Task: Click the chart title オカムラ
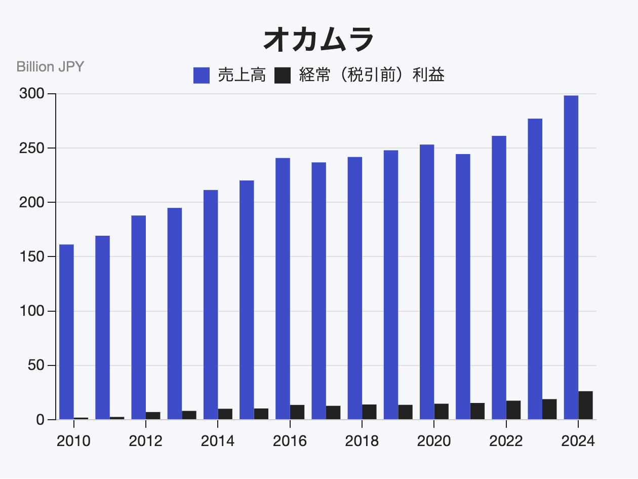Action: pyautogui.click(x=318, y=40)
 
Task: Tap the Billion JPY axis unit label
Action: pyautogui.click(x=50, y=67)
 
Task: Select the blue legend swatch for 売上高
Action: pyautogui.click(x=202, y=76)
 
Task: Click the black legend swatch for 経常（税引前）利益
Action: pyautogui.click(x=283, y=76)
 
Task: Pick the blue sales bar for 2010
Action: pyautogui.click(x=66, y=332)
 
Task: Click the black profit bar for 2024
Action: pyautogui.click(x=586, y=406)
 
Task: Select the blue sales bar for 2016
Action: pyautogui.click(x=283, y=289)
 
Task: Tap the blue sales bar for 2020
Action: pyautogui.click(x=427, y=282)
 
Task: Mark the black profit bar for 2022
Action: pyautogui.click(x=513, y=410)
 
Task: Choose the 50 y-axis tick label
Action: pyautogui.click(x=36, y=365)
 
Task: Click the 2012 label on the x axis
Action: pyautogui.click(x=145, y=441)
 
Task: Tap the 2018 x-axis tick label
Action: pyautogui.click(x=362, y=441)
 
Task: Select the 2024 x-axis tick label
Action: pyautogui.click(x=578, y=441)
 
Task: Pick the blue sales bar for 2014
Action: pyautogui.click(x=211, y=305)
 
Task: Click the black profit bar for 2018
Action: pyautogui.click(x=369, y=412)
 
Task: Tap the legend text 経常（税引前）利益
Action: pyautogui.click(x=372, y=76)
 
